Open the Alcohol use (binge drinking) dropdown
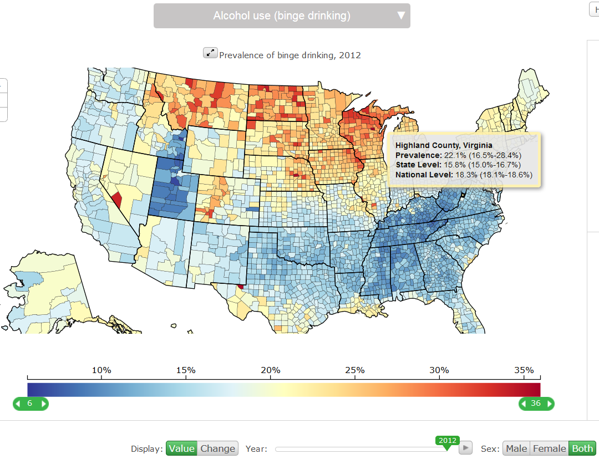point(282,16)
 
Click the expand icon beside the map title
point(210,53)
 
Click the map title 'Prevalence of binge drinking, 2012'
point(290,55)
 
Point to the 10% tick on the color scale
point(101,370)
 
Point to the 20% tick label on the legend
point(271,370)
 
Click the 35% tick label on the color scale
point(524,370)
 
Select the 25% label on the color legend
point(355,370)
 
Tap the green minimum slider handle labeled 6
point(31,404)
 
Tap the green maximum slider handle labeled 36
point(536,404)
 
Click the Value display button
point(181,448)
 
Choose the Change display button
point(217,448)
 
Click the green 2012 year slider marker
point(447,441)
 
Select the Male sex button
point(516,448)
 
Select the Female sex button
point(549,448)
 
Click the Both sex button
point(582,448)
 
